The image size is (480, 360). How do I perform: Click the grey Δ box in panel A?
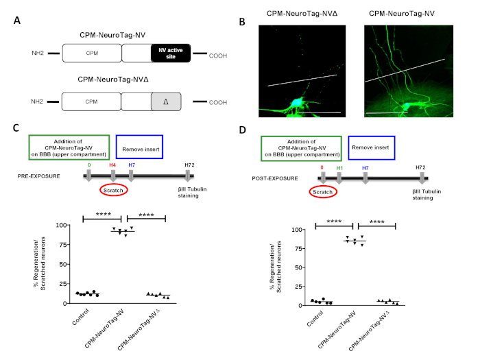click(170, 101)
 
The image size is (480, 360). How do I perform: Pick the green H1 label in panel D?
click(339, 168)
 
